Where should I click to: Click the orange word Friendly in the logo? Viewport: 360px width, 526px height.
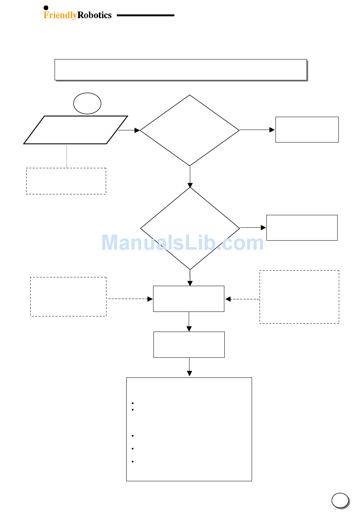tap(60, 15)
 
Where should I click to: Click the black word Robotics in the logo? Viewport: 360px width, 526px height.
tap(94, 15)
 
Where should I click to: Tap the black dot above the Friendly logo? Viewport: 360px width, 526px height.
tap(46, 8)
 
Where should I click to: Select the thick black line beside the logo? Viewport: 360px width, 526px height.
tap(146, 16)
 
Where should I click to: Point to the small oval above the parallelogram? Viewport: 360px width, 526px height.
tap(87, 103)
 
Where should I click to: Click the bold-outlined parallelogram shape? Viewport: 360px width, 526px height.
tap(75, 130)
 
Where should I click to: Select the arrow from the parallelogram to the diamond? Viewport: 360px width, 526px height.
tap(129, 130)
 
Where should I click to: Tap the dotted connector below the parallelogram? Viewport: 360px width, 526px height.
tap(67, 156)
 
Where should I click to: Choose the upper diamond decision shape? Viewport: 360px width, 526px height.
tap(189, 130)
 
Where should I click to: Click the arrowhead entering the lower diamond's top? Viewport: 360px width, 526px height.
tap(190, 185)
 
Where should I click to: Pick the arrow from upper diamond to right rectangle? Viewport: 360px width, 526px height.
tap(257, 130)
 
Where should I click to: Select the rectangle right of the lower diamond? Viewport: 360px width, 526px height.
tap(302, 228)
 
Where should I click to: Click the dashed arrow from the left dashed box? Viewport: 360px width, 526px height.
tap(130, 299)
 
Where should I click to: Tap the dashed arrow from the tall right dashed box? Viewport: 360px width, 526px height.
tap(243, 299)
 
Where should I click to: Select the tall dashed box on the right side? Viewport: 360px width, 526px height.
tap(299, 297)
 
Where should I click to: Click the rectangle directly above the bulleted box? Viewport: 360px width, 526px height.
tap(189, 344)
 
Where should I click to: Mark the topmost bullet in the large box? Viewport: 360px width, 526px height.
tap(133, 403)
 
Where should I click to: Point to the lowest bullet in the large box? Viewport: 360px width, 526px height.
tap(133, 462)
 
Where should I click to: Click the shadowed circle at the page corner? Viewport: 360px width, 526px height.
tap(340, 500)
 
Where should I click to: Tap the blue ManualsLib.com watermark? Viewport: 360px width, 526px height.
tap(182, 243)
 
